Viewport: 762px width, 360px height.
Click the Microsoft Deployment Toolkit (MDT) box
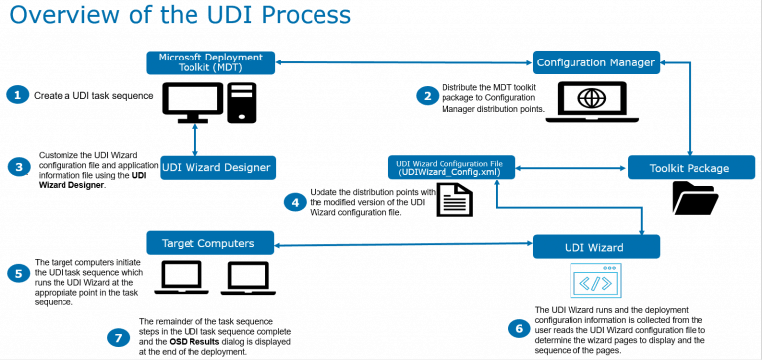click(x=210, y=61)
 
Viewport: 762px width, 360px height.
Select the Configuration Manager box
click(x=594, y=62)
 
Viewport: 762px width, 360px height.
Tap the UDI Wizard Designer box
click(x=216, y=166)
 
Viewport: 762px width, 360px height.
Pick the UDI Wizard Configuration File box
click(x=450, y=166)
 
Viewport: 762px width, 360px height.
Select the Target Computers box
click(x=210, y=242)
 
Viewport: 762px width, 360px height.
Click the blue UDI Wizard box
click(x=596, y=245)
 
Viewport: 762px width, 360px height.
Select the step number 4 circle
click(x=293, y=201)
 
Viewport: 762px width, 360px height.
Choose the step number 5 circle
click(x=17, y=271)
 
